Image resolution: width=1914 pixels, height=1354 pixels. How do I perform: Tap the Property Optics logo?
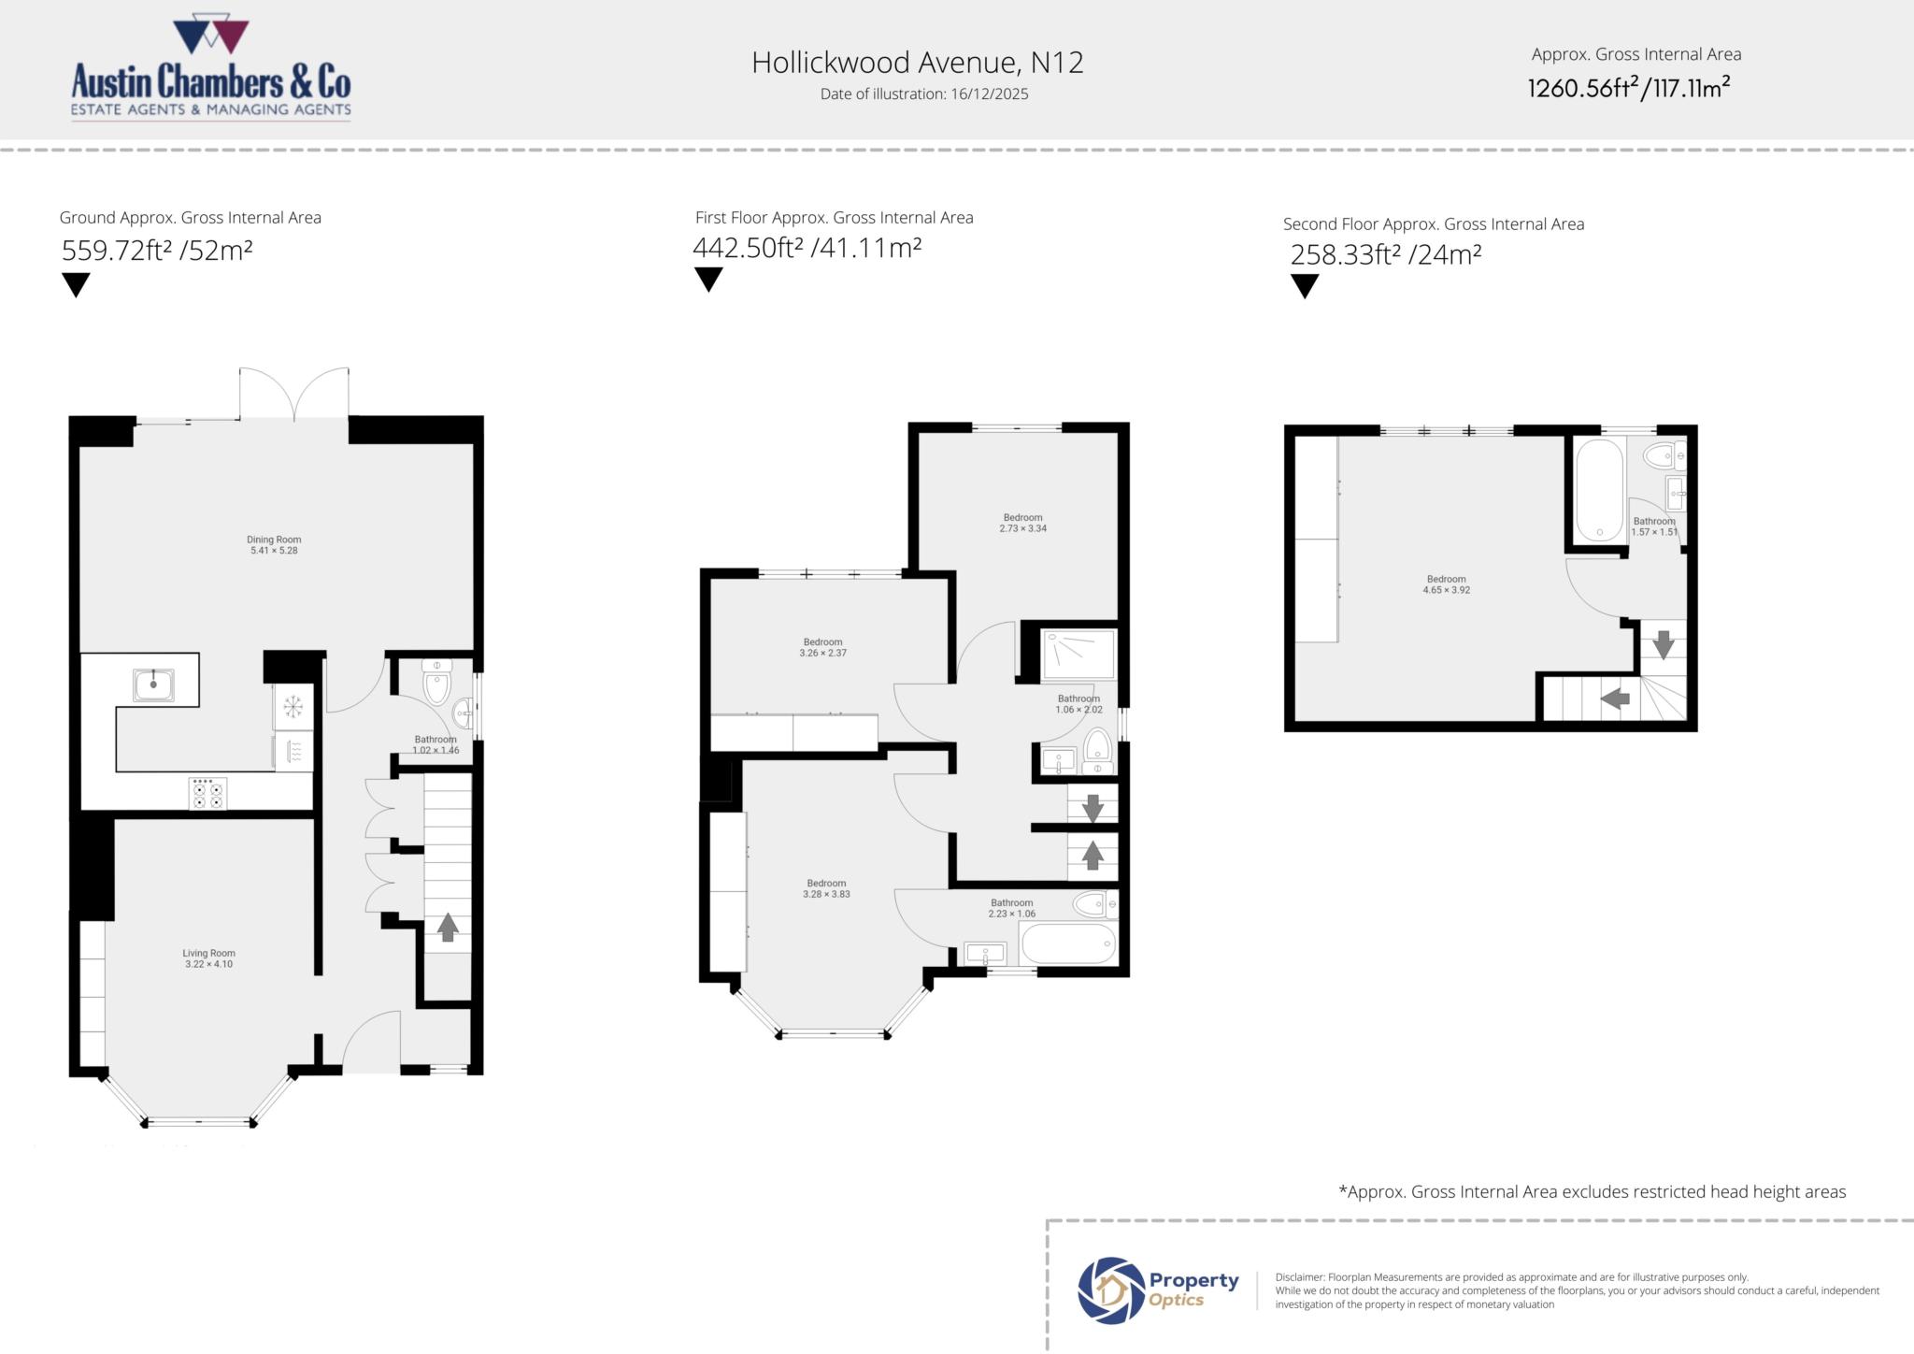1159,1289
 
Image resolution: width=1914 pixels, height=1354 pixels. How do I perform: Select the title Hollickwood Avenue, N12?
917,63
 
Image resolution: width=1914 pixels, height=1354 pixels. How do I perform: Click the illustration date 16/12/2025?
923,94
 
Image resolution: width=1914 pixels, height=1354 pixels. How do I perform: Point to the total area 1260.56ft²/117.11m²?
1628,88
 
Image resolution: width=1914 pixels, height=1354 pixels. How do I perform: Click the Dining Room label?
274,545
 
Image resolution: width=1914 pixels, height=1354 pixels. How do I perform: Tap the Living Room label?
208,958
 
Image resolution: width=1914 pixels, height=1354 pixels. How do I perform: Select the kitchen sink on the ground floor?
153,684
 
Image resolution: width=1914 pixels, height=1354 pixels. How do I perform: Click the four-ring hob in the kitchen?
207,794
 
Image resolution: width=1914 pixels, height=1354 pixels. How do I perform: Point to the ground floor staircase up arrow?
448,927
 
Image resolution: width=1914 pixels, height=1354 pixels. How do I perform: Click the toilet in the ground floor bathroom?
437,683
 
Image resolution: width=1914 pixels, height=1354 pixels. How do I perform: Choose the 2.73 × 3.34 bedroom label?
1022,523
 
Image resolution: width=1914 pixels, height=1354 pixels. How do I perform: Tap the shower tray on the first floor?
1078,655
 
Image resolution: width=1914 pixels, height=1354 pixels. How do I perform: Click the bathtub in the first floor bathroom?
1068,944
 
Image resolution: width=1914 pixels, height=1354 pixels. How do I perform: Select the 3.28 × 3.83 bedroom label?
826,888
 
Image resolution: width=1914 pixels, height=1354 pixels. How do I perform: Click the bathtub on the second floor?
1600,489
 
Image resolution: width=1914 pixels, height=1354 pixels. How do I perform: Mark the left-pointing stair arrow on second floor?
1614,699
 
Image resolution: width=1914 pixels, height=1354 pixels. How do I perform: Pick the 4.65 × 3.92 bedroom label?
1446,584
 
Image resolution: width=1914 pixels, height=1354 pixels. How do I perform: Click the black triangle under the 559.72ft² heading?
76,284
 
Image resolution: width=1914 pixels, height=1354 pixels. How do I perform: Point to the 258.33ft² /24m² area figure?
1386,254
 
